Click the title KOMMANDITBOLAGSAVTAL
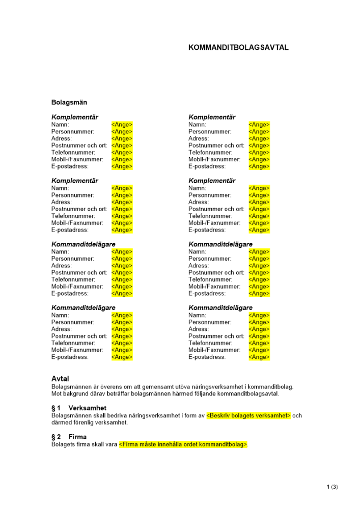pyautogui.click(x=238, y=47)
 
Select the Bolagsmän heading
pyautogui.click(x=69, y=102)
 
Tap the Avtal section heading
pyautogui.click(x=60, y=379)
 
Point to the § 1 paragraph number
pyautogui.click(x=56, y=408)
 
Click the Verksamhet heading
pyautogui.click(x=87, y=408)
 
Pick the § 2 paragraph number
pyautogui.click(x=56, y=437)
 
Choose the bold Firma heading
pyautogui.click(x=77, y=437)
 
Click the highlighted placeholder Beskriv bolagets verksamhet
pyautogui.click(x=248, y=415)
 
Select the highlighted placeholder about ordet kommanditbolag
pyautogui.click(x=183, y=444)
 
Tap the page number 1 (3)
pyautogui.click(x=332, y=487)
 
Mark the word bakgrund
pyautogui.click(x=75, y=393)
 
